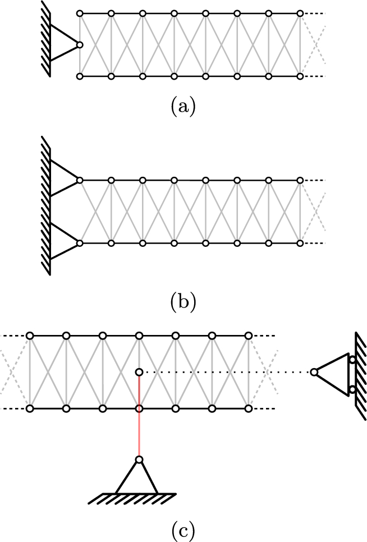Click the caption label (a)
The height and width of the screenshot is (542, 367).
coord(183,106)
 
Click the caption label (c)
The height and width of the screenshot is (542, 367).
coord(183,529)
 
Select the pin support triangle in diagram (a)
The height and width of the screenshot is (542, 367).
coord(63,43)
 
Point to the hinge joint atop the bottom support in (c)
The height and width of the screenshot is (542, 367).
coord(139,460)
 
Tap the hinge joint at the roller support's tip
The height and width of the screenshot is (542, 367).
coord(314,372)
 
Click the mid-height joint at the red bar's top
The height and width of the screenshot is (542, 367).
coord(139,372)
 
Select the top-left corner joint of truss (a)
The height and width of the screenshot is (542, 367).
coord(80,13)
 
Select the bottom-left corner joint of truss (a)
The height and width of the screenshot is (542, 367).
coord(80,76)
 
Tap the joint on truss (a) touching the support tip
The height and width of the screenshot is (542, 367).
coord(80,44)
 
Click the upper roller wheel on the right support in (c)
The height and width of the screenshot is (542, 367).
coord(352,360)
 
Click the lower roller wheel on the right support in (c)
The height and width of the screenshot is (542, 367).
coord(352,388)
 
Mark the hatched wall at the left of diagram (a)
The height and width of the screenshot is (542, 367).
coord(46,39)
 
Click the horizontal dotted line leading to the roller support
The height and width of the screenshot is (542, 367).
coord(224,372)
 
